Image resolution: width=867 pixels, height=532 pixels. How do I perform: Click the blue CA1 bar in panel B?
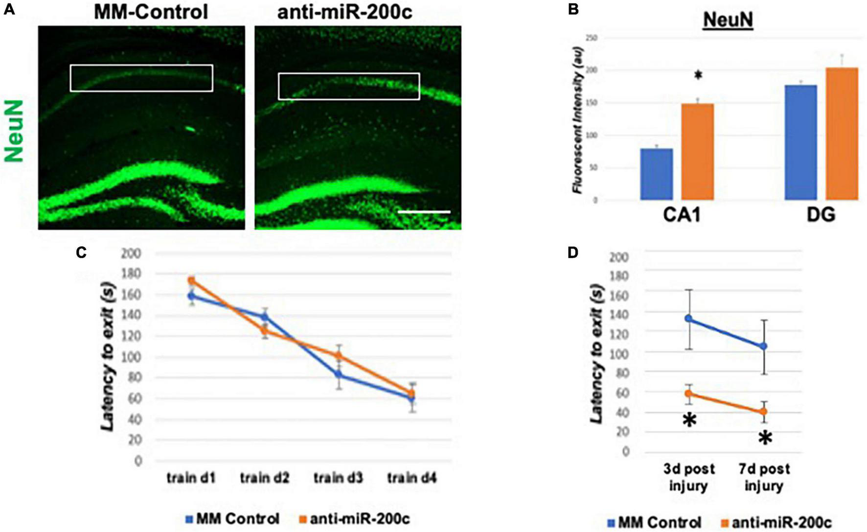tap(656, 174)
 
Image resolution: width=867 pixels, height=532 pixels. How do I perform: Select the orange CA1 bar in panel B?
tap(697, 152)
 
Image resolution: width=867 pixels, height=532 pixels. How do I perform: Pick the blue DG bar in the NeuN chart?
tap(800, 142)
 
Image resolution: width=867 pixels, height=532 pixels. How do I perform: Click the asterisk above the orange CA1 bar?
tap(698, 75)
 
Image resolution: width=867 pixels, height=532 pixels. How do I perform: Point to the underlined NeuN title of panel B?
tap(728, 21)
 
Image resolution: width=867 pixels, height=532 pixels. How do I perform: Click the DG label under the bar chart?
tap(821, 215)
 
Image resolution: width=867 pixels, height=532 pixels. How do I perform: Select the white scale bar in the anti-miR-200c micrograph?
tap(424, 212)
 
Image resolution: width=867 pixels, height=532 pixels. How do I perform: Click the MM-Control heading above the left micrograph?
tap(151, 12)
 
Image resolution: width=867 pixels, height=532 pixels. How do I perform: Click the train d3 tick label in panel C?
tap(338, 477)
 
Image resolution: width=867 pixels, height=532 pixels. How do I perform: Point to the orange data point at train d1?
tap(192, 280)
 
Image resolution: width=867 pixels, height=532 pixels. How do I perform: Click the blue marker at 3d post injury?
tap(688, 319)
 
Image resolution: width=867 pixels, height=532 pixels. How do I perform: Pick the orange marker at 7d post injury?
tap(763, 412)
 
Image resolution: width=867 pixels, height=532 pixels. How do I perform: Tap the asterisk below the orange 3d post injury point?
tap(689, 420)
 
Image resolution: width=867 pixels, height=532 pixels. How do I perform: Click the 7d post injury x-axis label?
tap(764, 477)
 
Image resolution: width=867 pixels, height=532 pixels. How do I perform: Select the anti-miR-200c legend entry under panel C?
tap(354, 519)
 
